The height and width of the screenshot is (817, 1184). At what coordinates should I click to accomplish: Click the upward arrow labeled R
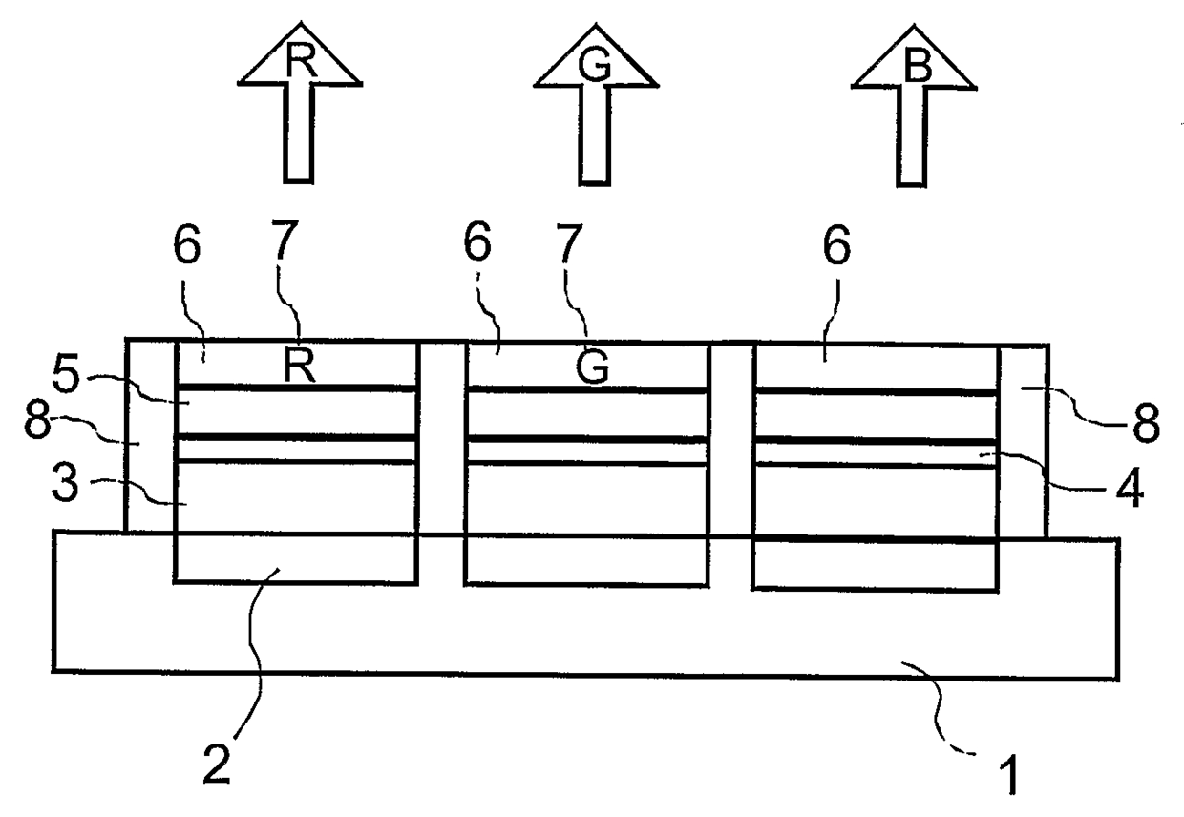(298, 105)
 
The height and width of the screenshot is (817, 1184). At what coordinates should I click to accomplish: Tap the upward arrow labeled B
(913, 105)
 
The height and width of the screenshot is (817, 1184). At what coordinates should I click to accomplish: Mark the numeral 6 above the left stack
(187, 246)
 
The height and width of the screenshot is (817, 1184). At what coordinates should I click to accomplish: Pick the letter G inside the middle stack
(593, 368)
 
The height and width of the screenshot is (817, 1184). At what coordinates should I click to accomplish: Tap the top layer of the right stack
(875, 367)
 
